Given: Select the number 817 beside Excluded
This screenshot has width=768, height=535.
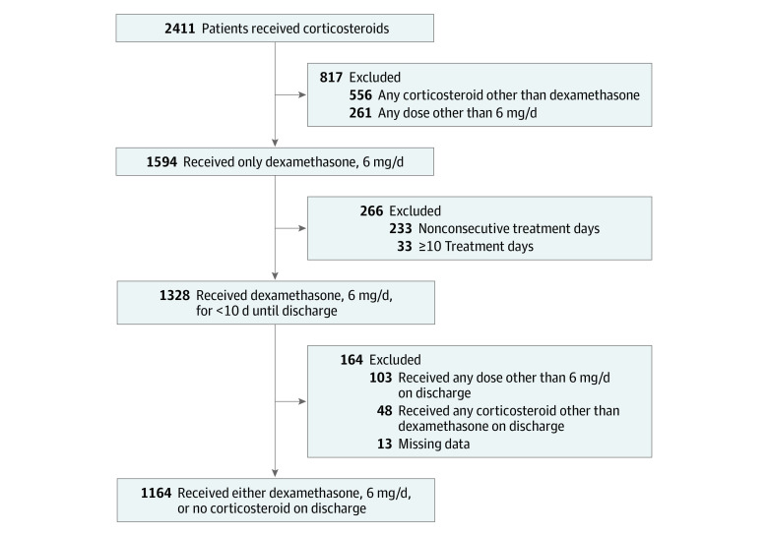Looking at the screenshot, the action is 332,76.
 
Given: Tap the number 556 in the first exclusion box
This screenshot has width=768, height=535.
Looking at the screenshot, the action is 363,94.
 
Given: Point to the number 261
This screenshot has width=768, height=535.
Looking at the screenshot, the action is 363,113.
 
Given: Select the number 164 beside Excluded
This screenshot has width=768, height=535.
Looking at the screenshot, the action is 352,360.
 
